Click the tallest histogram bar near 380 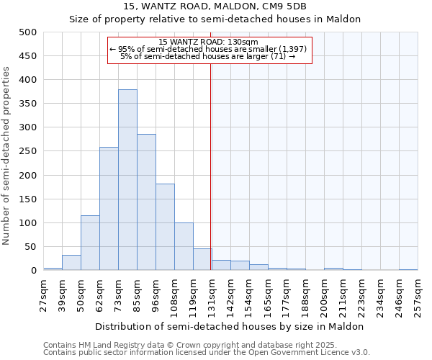pyautogui.click(x=127, y=180)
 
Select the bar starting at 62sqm pyautogui.click(x=109, y=209)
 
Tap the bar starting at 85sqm pyautogui.click(x=146, y=202)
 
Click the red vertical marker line pyautogui.click(x=211, y=166)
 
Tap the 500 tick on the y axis pyautogui.click(x=28, y=32)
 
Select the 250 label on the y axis pyautogui.click(x=28, y=151)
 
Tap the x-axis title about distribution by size pyautogui.click(x=230, y=326)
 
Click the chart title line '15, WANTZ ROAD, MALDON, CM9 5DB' pyautogui.click(x=214, y=6)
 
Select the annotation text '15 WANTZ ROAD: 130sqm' pyautogui.click(x=208, y=42)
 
